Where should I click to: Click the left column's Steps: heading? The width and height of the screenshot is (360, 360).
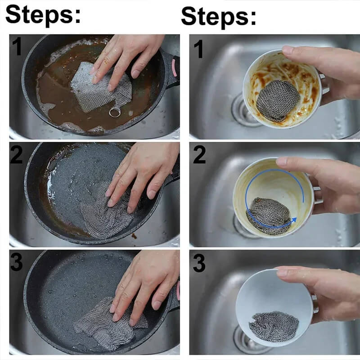43,14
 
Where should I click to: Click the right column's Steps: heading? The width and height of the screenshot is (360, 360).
219,16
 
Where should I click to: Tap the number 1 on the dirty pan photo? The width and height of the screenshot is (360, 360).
17,47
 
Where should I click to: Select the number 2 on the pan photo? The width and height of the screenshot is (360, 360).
17,155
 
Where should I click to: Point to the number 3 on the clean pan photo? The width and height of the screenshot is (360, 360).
17,262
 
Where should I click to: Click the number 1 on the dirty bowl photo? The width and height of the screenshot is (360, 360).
199,49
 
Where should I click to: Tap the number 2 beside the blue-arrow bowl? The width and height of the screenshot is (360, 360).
199,155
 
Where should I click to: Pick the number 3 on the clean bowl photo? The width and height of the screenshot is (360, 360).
199,263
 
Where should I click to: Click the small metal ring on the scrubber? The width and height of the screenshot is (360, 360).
115,112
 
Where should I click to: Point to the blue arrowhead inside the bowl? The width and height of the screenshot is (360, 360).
293,220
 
